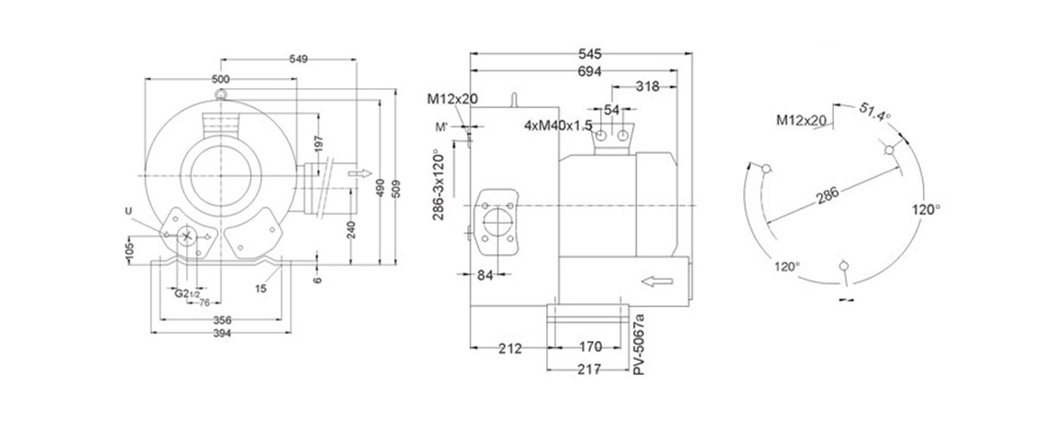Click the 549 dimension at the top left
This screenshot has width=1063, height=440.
coord(299,59)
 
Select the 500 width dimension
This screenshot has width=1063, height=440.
coord(221,79)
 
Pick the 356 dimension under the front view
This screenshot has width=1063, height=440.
coord(221,320)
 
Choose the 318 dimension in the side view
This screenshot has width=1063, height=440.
coord(647,86)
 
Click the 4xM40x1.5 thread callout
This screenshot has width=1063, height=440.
coord(558,125)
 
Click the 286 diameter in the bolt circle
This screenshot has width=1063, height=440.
coord(827,195)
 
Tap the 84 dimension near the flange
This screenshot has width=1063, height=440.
coord(486,274)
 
